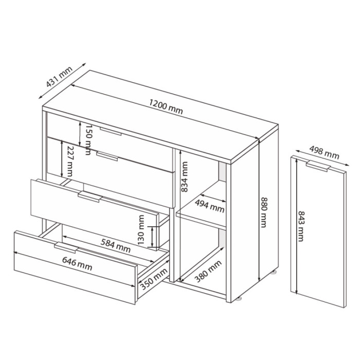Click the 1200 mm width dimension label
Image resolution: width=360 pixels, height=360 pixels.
(166, 107)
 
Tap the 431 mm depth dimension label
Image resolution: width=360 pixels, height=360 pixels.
(59, 77)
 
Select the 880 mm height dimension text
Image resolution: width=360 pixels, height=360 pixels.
(263, 212)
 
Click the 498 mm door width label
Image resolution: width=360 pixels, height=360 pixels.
(324, 153)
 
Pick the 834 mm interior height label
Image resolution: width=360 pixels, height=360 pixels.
(184, 177)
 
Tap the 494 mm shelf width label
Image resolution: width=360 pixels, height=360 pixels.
(209, 206)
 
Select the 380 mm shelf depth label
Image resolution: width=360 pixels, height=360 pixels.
(208, 272)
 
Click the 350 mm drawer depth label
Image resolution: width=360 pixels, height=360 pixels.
(154, 279)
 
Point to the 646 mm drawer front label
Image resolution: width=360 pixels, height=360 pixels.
(77, 264)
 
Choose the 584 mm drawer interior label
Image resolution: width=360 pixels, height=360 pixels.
(116, 245)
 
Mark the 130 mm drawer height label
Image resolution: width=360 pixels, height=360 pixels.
(141, 229)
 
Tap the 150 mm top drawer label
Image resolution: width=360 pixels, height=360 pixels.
(88, 140)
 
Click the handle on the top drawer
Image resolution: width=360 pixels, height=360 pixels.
(111, 131)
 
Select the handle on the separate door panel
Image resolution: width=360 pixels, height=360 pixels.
(318, 166)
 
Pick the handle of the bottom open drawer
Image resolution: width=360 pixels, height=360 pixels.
(66, 247)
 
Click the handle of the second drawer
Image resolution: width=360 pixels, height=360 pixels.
(107, 156)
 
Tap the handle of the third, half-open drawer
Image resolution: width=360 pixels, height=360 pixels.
(90, 197)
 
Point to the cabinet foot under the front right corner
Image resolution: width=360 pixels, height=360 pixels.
(239, 299)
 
